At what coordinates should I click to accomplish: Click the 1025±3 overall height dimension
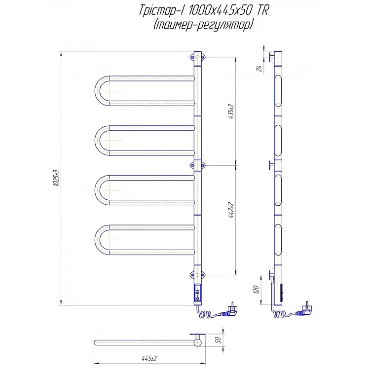point(56,178)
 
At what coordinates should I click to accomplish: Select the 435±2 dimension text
point(231,111)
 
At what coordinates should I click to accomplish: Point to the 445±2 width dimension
point(149,359)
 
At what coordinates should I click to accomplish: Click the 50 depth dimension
point(218,340)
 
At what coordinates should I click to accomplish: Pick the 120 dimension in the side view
point(257,290)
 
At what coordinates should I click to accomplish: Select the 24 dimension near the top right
point(259,69)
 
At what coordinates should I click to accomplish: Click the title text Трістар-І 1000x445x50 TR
point(203,11)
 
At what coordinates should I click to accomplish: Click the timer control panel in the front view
point(198,293)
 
